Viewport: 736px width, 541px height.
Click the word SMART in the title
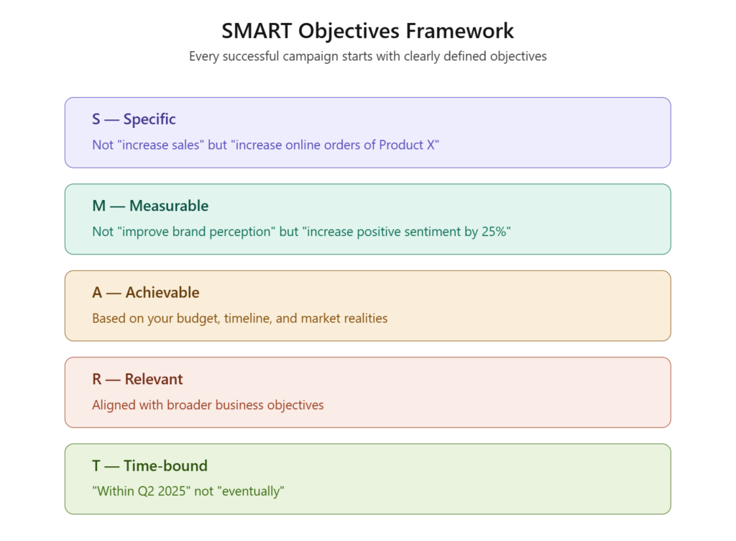click(257, 31)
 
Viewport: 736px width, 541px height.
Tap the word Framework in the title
click(459, 31)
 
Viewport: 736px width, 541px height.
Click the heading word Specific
click(149, 119)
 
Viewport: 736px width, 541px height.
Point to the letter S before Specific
click(96, 119)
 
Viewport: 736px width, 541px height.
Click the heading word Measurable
click(169, 206)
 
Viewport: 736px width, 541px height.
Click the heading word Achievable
click(162, 293)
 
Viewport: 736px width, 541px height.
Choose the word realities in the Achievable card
click(366, 319)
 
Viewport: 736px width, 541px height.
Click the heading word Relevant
click(154, 379)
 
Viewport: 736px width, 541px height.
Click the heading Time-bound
click(165, 466)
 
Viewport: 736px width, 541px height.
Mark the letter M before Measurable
click(99, 206)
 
